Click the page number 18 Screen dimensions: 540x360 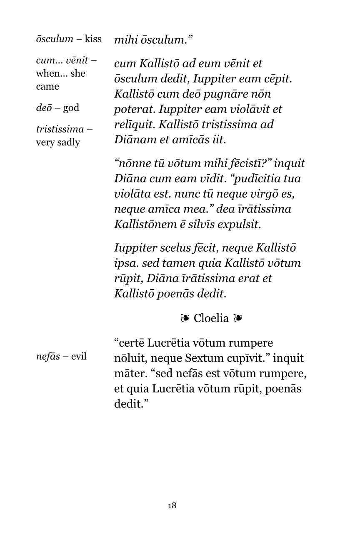point(172,506)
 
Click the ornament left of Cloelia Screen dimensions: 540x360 point(185,319)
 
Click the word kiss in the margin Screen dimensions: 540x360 point(93,39)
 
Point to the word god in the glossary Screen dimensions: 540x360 point(71,108)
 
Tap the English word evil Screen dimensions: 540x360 point(79,357)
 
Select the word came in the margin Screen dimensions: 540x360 point(47,87)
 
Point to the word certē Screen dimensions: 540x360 point(131,343)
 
